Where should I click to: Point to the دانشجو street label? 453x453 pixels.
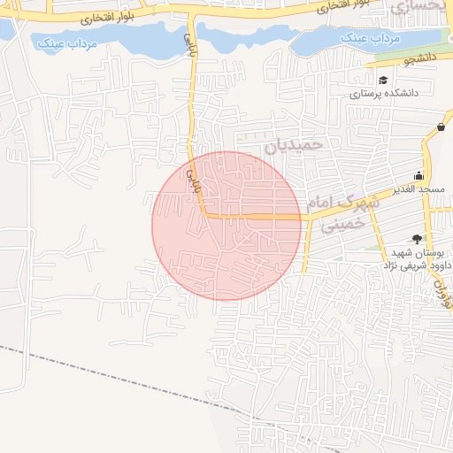(396, 60)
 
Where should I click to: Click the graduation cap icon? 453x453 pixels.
(382, 80)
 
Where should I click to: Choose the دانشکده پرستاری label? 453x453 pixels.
(382, 92)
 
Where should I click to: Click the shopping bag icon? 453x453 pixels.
(440, 127)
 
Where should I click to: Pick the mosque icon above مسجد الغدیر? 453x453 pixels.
(418, 175)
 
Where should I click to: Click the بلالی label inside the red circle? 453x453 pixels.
(191, 178)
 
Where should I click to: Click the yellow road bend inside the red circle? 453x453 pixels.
(205, 214)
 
